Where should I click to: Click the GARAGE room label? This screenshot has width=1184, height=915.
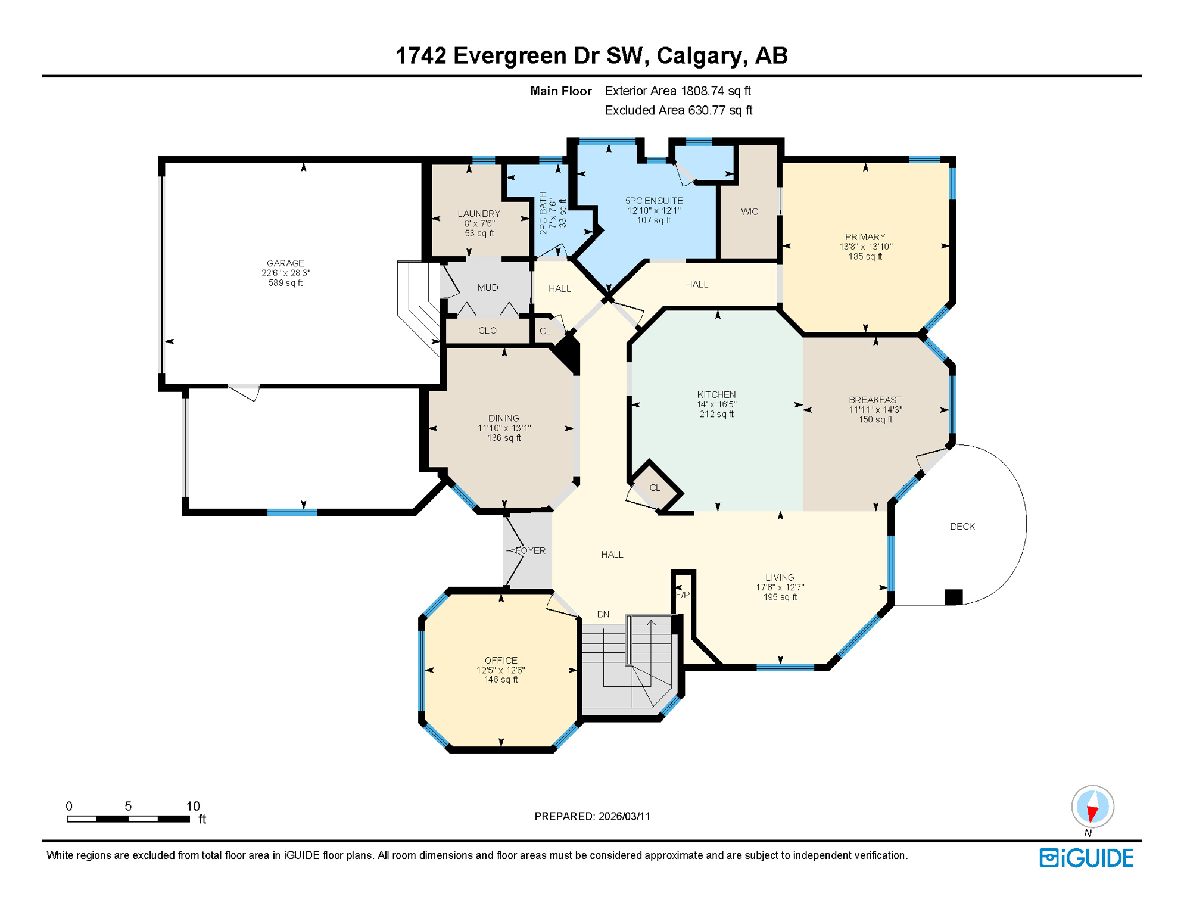pyautogui.click(x=285, y=263)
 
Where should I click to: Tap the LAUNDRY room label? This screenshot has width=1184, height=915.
pyautogui.click(x=479, y=214)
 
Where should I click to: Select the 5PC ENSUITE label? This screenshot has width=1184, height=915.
pyautogui.click(x=654, y=201)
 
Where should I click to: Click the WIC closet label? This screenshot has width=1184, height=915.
pyautogui.click(x=749, y=211)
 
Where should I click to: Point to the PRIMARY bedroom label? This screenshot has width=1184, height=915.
pyautogui.click(x=865, y=237)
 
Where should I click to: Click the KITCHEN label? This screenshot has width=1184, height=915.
pyautogui.click(x=716, y=395)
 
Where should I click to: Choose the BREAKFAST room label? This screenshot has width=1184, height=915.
pyautogui.click(x=875, y=400)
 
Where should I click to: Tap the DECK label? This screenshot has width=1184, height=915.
pyautogui.click(x=962, y=527)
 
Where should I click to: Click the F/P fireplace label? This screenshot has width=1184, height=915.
pyautogui.click(x=683, y=595)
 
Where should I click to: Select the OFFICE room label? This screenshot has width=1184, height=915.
pyautogui.click(x=501, y=661)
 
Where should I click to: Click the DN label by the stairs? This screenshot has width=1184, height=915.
pyautogui.click(x=603, y=614)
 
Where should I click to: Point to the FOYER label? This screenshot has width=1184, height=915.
pyautogui.click(x=530, y=551)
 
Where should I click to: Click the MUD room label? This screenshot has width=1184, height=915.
pyautogui.click(x=488, y=288)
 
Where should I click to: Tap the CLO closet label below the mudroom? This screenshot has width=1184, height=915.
pyautogui.click(x=487, y=331)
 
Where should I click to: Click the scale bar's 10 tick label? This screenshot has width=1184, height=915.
pyautogui.click(x=193, y=807)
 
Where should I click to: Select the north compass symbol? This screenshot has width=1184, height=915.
pyautogui.click(x=1092, y=808)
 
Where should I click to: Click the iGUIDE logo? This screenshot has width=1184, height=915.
pyautogui.click(x=1086, y=858)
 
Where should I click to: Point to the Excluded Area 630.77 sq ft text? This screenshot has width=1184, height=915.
pyautogui.click(x=678, y=111)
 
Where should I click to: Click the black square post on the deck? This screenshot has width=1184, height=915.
pyautogui.click(x=954, y=597)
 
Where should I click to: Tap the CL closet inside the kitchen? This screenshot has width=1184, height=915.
pyautogui.click(x=655, y=488)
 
